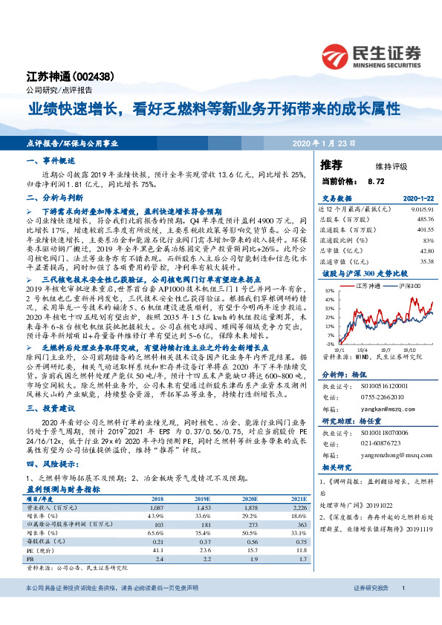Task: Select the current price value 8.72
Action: [x=376, y=180]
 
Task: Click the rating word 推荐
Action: [x=332, y=165]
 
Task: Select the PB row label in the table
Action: [x=29, y=557]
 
